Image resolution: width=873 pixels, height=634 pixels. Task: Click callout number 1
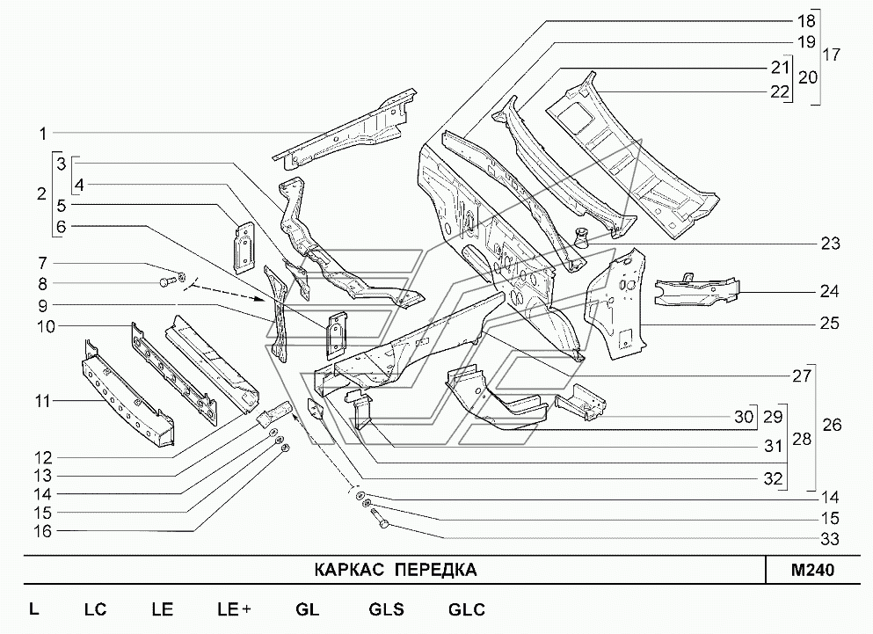40,134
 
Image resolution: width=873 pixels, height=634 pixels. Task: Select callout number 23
831,244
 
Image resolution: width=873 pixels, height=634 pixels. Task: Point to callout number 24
831,291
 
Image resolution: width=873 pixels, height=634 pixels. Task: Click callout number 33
831,538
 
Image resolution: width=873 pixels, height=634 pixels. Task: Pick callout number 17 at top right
831,55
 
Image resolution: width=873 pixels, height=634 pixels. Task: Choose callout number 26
831,425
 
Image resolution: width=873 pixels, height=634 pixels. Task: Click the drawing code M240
811,570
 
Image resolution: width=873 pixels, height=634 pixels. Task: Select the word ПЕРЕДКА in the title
434,570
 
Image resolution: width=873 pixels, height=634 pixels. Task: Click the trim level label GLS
386,609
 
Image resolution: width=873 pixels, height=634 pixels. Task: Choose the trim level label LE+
234,609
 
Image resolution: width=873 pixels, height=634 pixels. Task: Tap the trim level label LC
95,609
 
